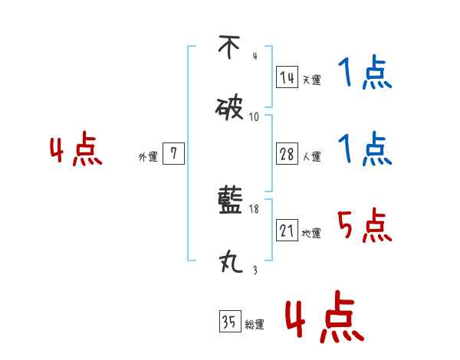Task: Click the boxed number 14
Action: [287, 77]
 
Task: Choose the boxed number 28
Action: [287, 155]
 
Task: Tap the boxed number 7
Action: [173, 155]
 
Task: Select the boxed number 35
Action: [228, 322]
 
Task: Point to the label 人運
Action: [312, 157]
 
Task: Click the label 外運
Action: [147, 157]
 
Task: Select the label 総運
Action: [255, 325]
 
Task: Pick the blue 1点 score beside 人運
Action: [365, 149]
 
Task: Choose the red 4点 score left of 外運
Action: [77, 151]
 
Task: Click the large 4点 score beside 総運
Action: [323, 316]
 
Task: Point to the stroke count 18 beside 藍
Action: [255, 209]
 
